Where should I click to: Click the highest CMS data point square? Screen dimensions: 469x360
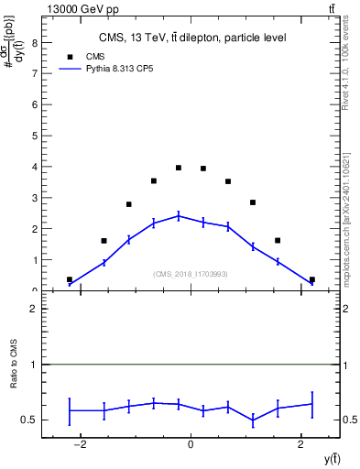(x=179, y=168)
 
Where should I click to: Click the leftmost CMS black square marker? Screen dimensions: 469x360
(x=70, y=279)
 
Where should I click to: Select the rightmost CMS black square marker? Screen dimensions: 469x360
(x=312, y=279)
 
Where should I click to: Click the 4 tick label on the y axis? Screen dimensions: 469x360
(x=36, y=167)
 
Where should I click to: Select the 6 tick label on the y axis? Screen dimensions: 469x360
(x=36, y=104)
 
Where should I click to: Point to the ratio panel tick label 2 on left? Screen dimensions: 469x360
(x=36, y=310)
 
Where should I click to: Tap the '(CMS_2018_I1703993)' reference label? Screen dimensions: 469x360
(x=191, y=274)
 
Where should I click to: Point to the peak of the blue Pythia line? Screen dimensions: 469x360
(x=179, y=215)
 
